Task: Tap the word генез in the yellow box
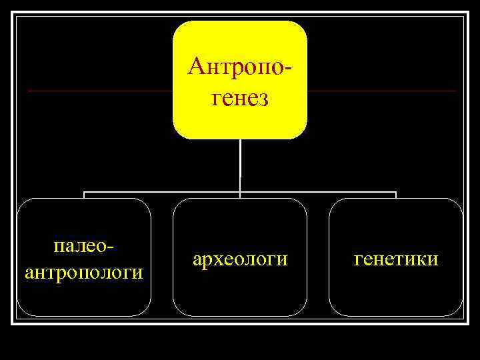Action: point(240,98)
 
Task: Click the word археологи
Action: point(240,259)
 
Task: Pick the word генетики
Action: point(396,259)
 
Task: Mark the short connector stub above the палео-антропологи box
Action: point(84,195)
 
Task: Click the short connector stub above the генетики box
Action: point(396,195)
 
